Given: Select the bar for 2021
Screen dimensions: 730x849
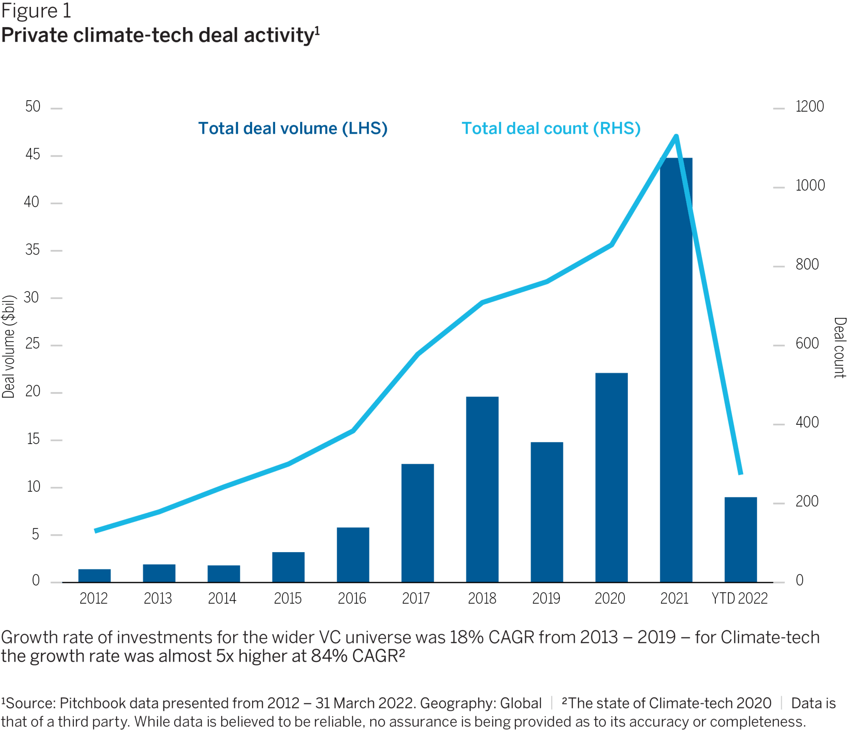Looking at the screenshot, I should pos(676,369).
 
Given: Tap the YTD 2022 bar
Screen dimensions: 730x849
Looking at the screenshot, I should pos(740,539).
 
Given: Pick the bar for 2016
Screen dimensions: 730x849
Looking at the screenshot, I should pos(353,554).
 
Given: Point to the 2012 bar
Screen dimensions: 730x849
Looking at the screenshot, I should pos(94,575).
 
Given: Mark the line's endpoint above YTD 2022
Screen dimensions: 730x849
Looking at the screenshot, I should pos(741,473).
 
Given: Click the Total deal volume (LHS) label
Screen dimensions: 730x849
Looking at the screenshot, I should pos(292,129).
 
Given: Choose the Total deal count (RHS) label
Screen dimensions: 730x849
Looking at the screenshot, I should pos(551,129).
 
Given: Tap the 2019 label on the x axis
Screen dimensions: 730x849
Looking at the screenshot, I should pos(546,598).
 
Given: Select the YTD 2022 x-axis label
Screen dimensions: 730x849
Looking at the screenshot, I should pos(739,598).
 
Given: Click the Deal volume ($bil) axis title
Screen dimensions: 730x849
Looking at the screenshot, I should pos(8,346).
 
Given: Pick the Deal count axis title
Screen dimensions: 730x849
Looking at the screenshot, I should pos(840,348).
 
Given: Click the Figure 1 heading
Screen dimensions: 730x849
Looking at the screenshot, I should pos(36,11).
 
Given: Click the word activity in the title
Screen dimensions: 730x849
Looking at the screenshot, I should pos(278,35).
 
